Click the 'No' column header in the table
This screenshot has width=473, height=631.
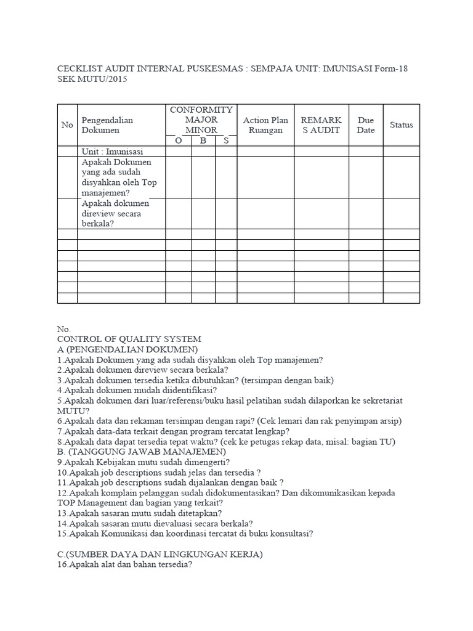(67, 125)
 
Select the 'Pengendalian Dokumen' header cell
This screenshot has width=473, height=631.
(107, 125)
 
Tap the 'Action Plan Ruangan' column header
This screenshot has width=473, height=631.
(265, 125)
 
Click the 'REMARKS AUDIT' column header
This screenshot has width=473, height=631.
(321, 125)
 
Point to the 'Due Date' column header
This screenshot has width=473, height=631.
(366, 125)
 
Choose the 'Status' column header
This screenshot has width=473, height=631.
(401, 125)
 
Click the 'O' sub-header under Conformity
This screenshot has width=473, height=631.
(179, 140)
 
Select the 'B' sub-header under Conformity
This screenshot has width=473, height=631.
(203, 140)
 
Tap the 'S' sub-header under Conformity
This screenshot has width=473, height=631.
(226, 140)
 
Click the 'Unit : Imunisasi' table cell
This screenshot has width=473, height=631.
(112, 152)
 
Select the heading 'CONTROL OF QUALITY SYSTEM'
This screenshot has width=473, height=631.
(129, 340)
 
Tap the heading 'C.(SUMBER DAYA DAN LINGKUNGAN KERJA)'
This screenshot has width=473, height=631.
(160, 555)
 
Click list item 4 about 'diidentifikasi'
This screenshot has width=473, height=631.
(136, 391)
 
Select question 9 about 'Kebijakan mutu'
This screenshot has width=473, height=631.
(143, 462)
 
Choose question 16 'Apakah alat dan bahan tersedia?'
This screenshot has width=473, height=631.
(124, 565)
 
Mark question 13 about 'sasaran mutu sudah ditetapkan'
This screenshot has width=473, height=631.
(140, 513)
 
